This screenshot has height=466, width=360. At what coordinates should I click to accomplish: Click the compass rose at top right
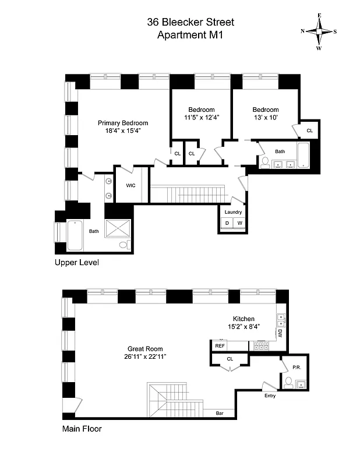319,31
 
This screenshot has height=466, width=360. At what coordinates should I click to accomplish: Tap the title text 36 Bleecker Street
190,22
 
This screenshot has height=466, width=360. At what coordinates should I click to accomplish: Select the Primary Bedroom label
122,123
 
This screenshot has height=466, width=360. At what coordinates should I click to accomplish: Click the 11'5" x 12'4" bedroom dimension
202,118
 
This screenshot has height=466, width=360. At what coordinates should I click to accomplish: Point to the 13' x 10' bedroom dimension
265,118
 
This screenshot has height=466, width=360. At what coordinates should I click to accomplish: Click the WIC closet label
131,185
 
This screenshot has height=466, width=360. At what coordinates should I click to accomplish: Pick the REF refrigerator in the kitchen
220,346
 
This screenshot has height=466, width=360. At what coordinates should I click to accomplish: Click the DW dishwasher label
280,334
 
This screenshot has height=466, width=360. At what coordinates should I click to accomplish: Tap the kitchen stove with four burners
258,346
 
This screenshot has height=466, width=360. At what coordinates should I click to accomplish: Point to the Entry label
270,396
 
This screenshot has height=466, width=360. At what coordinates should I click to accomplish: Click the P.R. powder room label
296,368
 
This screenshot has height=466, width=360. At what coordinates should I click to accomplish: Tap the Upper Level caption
76,263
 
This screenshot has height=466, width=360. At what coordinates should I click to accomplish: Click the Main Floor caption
82,429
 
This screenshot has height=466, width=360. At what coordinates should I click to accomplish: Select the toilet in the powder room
288,382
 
